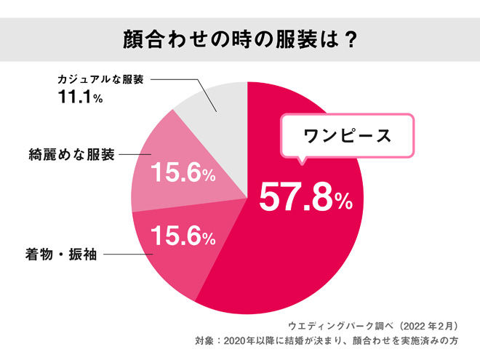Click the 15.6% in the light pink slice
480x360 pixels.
[x=181, y=174]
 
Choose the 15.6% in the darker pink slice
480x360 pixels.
[x=181, y=236]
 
